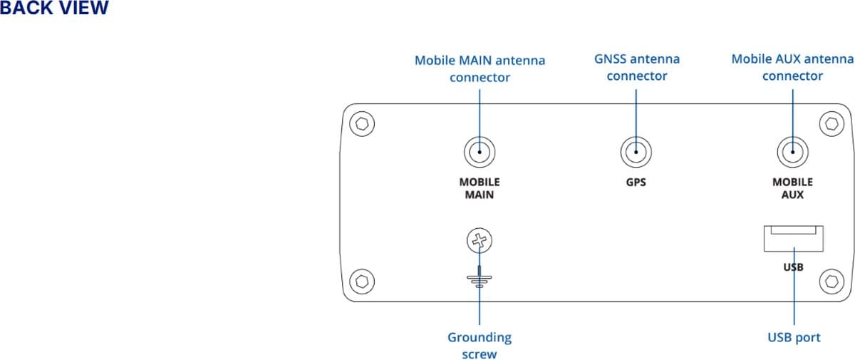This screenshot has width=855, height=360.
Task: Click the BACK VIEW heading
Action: tap(54, 9)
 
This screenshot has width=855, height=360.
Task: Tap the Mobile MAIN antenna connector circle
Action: tap(480, 152)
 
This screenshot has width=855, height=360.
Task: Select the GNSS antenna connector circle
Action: tap(636, 152)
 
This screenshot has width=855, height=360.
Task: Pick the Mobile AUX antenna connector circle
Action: tap(792, 152)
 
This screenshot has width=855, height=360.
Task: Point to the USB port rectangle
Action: tap(793, 238)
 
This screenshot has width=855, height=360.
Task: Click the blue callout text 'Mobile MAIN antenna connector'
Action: tap(480, 68)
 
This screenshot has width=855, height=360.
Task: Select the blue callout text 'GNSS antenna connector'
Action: tap(636, 67)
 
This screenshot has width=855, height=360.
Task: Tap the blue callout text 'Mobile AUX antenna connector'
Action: tap(792, 67)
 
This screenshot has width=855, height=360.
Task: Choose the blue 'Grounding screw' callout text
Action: tap(480, 345)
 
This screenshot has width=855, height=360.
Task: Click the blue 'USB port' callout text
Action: tap(794, 337)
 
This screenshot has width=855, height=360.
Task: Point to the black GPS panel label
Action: tap(636, 182)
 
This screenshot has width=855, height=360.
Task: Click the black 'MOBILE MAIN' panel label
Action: tap(480, 188)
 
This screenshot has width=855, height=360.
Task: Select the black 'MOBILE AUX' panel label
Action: tap(792, 188)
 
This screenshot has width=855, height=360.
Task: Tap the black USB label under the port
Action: tap(793, 267)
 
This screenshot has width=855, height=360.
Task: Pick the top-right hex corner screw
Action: tap(831, 123)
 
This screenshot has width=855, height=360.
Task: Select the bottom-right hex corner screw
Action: tap(831, 280)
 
